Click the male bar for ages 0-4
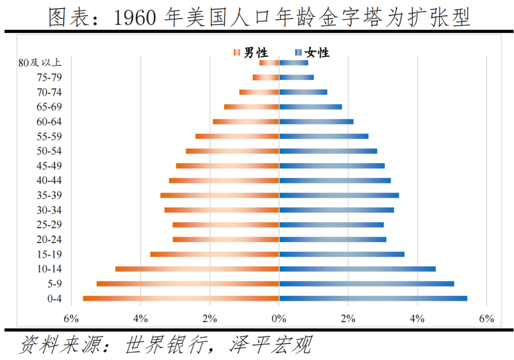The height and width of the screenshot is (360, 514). point(181,299)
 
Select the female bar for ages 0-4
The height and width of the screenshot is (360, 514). point(373,299)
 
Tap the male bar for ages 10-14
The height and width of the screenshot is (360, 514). point(197,269)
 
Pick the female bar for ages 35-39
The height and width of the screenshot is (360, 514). point(339,195)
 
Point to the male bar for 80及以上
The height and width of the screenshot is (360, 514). point(269,63)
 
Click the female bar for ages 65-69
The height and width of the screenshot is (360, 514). point(310,107)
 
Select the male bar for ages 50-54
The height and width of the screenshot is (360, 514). point(232,151)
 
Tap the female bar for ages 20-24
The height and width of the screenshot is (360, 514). point(333,240)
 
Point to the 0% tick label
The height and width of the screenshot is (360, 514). point(279,319)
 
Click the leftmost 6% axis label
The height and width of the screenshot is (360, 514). point(71,319)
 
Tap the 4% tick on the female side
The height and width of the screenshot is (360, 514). point(417,319)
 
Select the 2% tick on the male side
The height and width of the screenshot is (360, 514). point(210,319)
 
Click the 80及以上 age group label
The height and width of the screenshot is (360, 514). point(40,63)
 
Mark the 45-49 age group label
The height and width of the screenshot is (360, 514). point(49,166)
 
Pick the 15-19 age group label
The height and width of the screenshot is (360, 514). point(49,254)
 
